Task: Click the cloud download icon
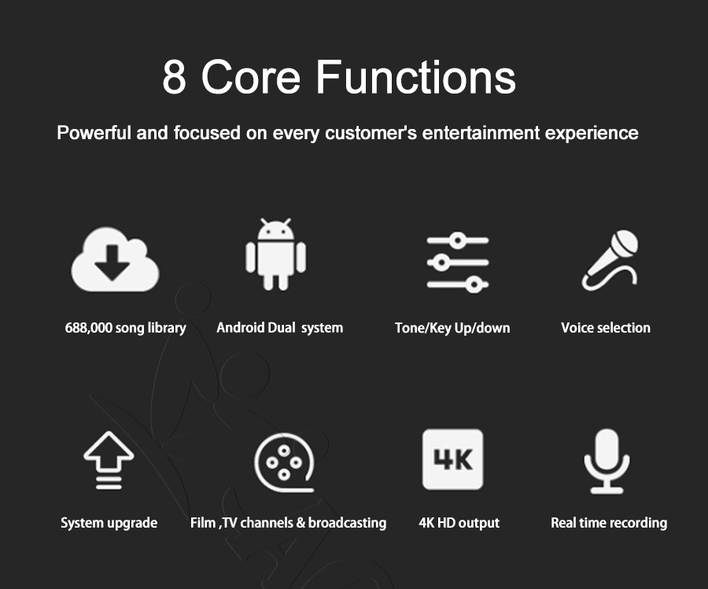(x=115, y=260)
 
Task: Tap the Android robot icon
(x=275, y=255)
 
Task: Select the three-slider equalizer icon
(x=458, y=262)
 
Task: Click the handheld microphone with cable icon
(x=610, y=260)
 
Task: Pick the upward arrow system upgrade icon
(x=109, y=460)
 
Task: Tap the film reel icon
(x=285, y=462)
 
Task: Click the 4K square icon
(x=453, y=459)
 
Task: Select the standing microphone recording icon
(x=607, y=461)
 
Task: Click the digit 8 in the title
(x=175, y=77)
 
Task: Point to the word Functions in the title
(x=415, y=77)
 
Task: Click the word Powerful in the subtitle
(x=94, y=133)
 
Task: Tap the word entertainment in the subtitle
(x=481, y=133)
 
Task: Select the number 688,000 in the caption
(x=88, y=327)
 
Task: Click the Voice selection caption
(x=606, y=327)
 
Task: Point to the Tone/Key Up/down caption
(x=452, y=328)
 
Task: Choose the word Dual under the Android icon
(x=282, y=327)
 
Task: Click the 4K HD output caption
(x=459, y=523)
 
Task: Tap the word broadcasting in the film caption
(x=347, y=523)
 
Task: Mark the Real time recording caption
(x=609, y=523)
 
